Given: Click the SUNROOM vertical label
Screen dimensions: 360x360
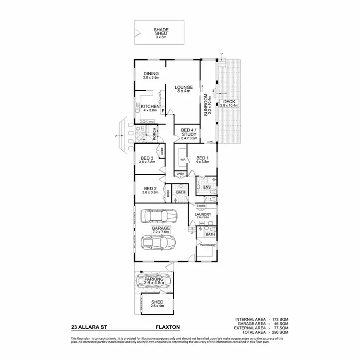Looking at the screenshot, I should pos(206,105).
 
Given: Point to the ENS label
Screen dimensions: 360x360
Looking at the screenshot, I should pos(207,187).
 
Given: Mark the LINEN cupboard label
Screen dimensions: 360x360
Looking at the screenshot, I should pos(180,173).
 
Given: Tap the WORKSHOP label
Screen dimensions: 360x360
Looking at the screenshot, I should pos(208,245).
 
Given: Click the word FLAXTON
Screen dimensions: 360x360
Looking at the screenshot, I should pos(168,327).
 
